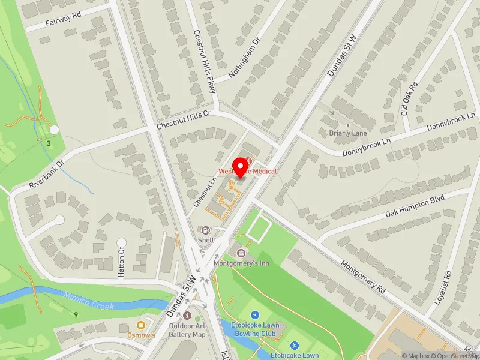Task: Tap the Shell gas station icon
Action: (206, 230)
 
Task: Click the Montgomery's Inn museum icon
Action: (241, 253)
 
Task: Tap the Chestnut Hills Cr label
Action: (184, 121)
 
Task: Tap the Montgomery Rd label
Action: (362, 275)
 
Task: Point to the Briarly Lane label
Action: (348, 133)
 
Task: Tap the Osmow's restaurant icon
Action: (141, 325)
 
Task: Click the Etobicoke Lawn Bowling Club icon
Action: (254, 314)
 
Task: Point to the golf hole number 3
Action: (48, 143)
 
